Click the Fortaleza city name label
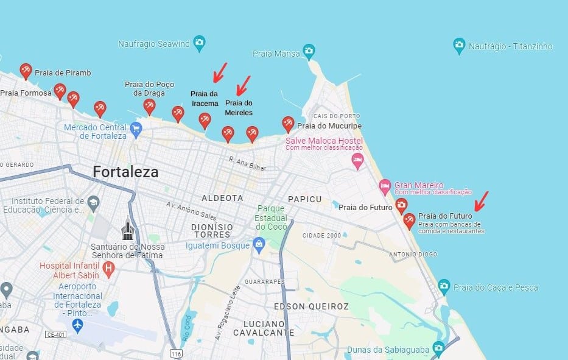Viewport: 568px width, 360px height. (x=125, y=172)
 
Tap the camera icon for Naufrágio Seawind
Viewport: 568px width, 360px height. (x=198, y=43)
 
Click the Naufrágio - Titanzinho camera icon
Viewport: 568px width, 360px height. (x=459, y=45)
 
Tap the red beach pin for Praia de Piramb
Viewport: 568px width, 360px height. (x=26, y=71)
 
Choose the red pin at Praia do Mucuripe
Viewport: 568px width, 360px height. (x=288, y=124)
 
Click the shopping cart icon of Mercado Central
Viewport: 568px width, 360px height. (x=136, y=128)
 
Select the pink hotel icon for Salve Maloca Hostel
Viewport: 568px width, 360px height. (x=357, y=160)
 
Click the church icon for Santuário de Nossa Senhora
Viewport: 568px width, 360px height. (x=127, y=229)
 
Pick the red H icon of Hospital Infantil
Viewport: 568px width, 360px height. (x=108, y=267)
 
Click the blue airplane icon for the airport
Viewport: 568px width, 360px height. (x=77, y=325)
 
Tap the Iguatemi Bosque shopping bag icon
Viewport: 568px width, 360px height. (x=259, y=245)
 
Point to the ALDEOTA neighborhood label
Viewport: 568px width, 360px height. (x=222, y=198)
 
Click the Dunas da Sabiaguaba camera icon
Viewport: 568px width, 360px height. (x=438, y=348)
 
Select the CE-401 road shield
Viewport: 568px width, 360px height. (x=55, y=334)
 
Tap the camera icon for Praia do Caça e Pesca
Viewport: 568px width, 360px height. (x=444, y=285)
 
